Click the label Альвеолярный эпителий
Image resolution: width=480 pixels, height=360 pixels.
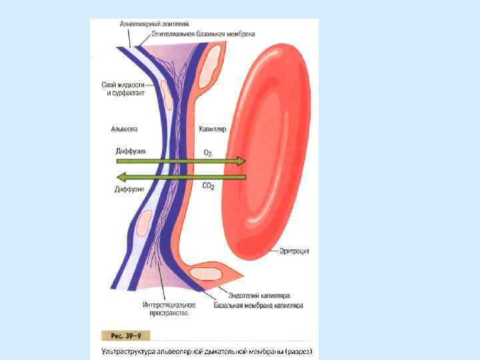click(x=150, y=24)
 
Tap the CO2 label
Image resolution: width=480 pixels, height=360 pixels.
click(x=208, y=187)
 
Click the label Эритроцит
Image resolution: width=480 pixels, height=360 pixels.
click(x=294, y=251)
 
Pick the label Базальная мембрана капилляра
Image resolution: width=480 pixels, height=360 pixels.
click(x=258, y=305)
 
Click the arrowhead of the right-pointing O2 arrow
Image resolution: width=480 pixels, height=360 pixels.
click(x=241, y=161)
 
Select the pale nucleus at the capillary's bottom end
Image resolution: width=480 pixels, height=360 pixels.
click(x=208, y=273)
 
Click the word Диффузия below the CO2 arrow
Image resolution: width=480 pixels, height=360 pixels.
click(x=130, y=189)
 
